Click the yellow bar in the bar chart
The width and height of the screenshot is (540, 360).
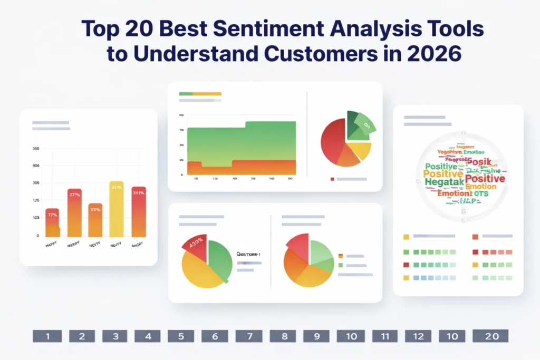pos(116,209)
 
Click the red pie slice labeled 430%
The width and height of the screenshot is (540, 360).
pos(196,246)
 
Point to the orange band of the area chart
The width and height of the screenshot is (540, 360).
pos(240,167)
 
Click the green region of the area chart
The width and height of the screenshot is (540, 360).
pos(240,141)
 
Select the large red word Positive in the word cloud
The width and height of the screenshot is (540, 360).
pos(485,179)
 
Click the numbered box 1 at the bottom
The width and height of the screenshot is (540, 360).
pos(47,336)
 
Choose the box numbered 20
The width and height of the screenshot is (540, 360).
pos(490,336)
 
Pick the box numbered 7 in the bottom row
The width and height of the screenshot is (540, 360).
pos(248,336)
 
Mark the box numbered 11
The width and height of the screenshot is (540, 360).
pos(385,336)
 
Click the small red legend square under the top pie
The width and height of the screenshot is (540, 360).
pos(332,179)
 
